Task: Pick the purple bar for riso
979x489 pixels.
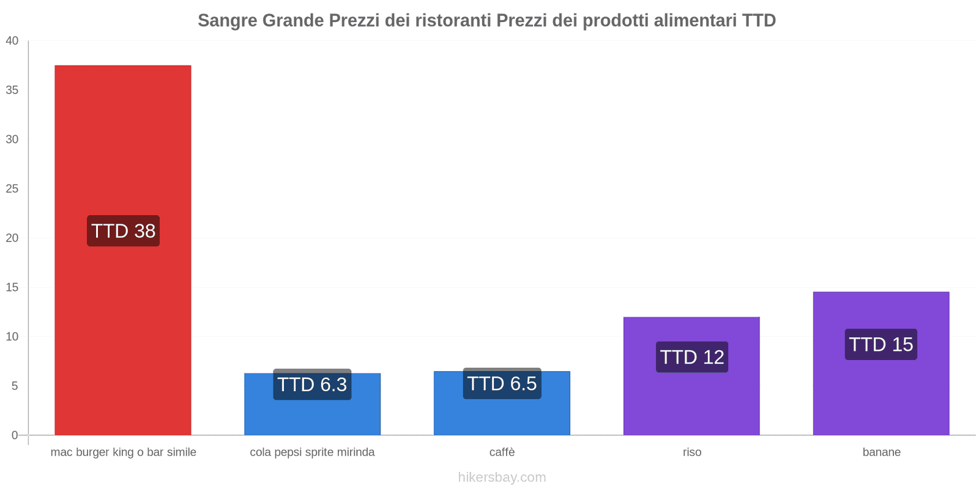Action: pos(691,403)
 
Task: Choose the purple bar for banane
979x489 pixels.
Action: pos(881,397)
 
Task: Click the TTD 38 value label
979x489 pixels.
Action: pos(123,231)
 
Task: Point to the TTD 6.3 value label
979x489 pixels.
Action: pos(312,384)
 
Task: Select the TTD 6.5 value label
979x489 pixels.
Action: pos(502,383)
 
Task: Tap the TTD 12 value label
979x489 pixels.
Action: pos(692,357)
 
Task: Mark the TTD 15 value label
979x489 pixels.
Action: pos(881,344)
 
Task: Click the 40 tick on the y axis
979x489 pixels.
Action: pos(12,41)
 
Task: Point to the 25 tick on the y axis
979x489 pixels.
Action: pos(12,189)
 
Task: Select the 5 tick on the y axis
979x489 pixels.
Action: pos(15,386)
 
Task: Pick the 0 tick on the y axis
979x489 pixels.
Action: pos(15,435)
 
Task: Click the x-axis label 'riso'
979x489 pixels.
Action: pos(692,452)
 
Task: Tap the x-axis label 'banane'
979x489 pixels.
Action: pos(881,452)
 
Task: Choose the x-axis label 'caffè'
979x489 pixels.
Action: pos(502,452)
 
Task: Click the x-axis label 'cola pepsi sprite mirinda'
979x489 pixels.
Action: pos(312,452)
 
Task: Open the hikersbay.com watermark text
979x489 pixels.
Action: pos(502,477)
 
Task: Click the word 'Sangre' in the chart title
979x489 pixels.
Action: pos(227,21)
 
